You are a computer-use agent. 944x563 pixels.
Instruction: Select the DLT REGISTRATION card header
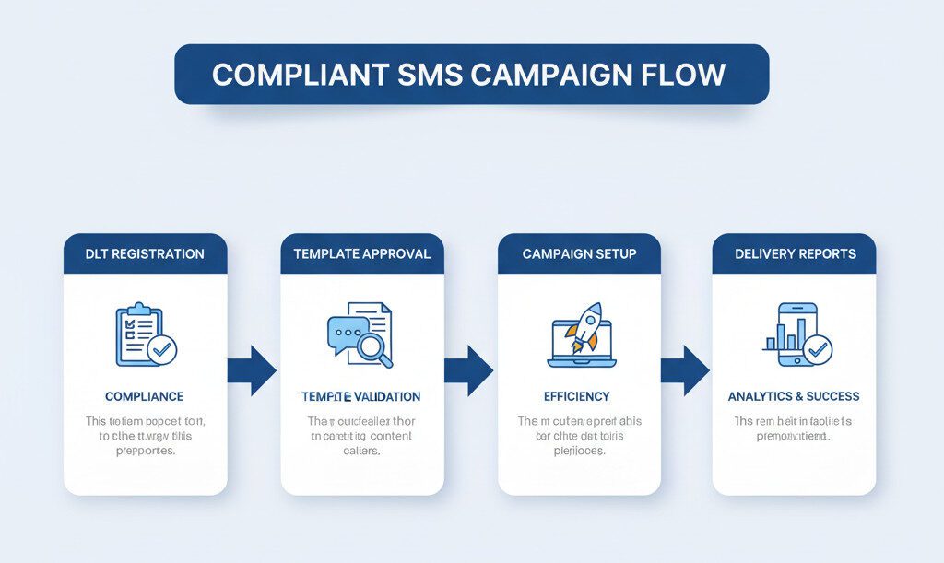coord(145,253)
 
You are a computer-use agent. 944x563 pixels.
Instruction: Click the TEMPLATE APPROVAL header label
coord(362,253)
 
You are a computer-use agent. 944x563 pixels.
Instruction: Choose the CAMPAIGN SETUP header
coord(579,253)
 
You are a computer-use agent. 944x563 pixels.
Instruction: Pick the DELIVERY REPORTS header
coord(795,253)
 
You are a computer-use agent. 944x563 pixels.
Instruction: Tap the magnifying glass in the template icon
coord(374,348)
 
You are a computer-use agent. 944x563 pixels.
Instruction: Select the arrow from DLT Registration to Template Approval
coord(252,370)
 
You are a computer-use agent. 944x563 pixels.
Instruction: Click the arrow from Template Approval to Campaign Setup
coord(468,370)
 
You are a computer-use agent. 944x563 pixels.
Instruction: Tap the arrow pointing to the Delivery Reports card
coord(685,370)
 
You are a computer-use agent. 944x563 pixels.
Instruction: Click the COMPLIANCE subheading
coord(144,396)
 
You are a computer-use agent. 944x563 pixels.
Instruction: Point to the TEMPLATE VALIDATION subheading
coord(360,396)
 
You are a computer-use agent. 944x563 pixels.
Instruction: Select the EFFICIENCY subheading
coord(577,396)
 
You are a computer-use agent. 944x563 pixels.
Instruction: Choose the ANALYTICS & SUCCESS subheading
coord(794,396)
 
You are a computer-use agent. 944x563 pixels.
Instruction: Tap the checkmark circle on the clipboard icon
coord(163,349)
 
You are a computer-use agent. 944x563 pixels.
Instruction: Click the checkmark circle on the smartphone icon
coord(817,349)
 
